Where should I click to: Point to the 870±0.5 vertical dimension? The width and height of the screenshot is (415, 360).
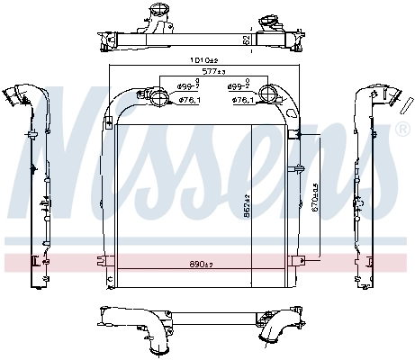tap(314, 199)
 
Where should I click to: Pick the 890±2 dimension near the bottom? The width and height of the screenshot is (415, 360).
tap(203, 264)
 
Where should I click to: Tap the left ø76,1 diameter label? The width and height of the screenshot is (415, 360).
tap(188, 100)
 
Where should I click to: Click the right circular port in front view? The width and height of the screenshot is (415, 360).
tap(271, 97)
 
